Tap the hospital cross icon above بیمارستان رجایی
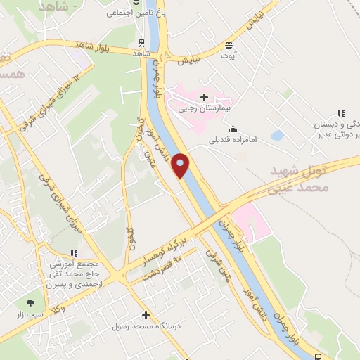(205, 97)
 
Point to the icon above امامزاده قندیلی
(233, 128)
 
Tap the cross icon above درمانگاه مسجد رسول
(146, 316)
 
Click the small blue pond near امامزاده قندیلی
(278, 135)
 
